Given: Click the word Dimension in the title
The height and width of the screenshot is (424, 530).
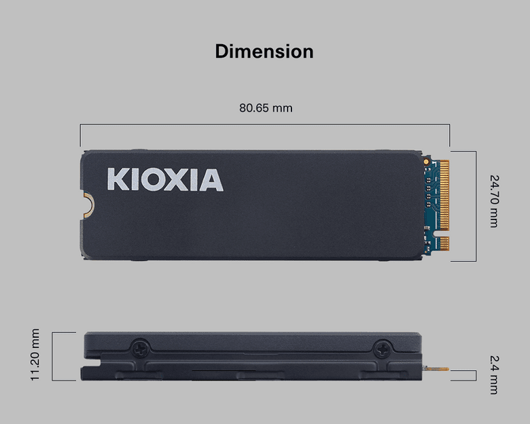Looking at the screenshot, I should [x=264, y=52].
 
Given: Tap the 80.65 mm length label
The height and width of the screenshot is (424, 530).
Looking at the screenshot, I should [x=266, y=108].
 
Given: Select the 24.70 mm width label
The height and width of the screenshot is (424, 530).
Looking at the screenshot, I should [x=494, y=201].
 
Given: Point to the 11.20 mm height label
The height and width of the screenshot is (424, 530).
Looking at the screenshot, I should [x=35, y=355].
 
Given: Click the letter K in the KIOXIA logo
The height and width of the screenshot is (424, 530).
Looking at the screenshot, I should [x=118, y=180].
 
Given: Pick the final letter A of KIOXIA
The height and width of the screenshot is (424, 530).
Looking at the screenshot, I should [x=211, y=180].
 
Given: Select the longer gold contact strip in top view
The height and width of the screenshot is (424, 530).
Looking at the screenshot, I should [x=444, y=194].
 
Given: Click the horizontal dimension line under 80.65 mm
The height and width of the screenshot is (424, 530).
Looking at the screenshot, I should [x=265, y=124].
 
